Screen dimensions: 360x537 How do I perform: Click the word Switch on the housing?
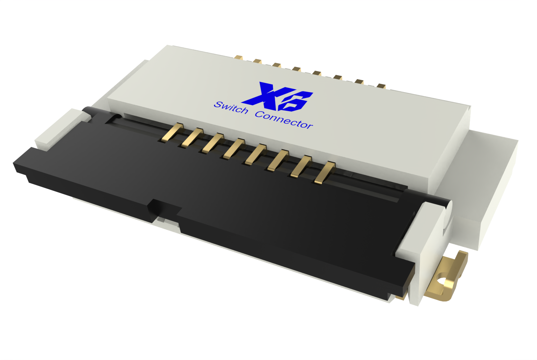(x=231, y=108)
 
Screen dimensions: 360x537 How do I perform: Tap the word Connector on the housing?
(x=284, y=120)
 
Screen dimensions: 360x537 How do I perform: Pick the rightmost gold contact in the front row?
(x=325, y=172)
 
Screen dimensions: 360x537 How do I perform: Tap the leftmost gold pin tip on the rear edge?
(x=238, y=57)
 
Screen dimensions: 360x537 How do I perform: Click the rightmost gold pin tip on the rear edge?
(x=381, y=86)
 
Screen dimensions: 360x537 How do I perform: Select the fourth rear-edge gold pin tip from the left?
(x=296, y=69)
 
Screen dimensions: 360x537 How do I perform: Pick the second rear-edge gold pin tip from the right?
(x=359, y=82)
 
